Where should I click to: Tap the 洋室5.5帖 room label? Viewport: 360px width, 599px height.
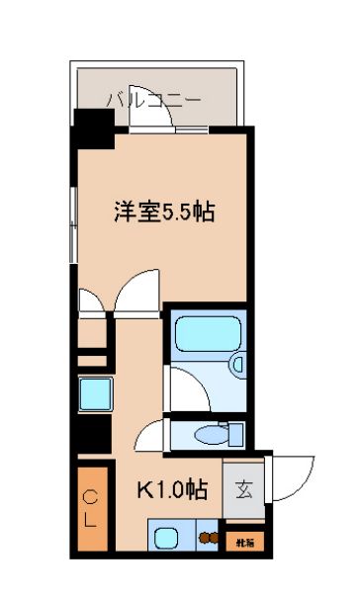[x=162, y=212]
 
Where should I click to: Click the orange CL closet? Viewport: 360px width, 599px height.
[x=89, y=510]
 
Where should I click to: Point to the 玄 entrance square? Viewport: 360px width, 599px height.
[x=242, y=487]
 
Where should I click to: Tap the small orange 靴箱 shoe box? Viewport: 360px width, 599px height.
[x=243, y=541]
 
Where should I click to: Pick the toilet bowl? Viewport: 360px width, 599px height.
[x=209, y=434]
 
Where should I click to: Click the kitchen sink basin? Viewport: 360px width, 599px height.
[x=165, y=540]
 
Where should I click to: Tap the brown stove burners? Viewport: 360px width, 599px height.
[x=208, y=540]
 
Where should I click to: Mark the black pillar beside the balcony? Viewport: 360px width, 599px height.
[x=94, y=128]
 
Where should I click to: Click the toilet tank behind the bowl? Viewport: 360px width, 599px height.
[x=235, y=434]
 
